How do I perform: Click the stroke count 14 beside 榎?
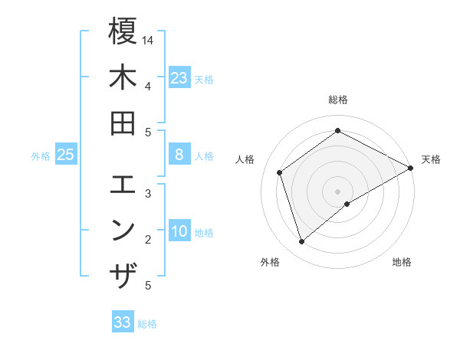(x=148, y=39)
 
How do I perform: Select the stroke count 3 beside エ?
(x=148, y=193)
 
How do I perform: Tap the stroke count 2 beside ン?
(x=148, y=240)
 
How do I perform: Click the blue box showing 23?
(x=179, y=78)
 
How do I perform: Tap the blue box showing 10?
(x=179, y=232)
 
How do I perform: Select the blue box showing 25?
(x=66, y=155)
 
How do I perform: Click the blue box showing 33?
(x=123, y=322)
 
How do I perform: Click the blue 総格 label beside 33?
(x=147, y=324)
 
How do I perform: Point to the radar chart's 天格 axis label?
(x=431, y=159)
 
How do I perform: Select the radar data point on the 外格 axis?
(x=301, y=242)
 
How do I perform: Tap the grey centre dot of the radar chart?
(x=337, y=191)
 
